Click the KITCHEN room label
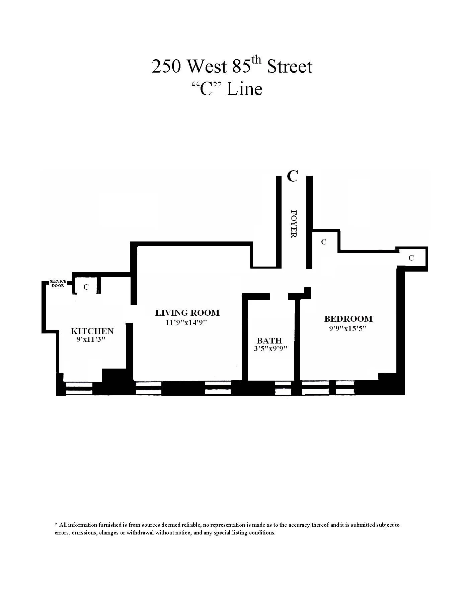click(92, 331)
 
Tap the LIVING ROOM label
click(187, 313)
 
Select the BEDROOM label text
click(348, 319)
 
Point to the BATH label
click(269, 341)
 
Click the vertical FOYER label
click(294, 224)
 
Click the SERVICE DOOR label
click(58, 284)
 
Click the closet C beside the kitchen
click(86, 287)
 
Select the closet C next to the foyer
click(324, 242)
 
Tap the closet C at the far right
click(411, 258)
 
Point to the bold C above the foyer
click(292, 176)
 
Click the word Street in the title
click(289, 66)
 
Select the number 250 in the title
click(166, 66)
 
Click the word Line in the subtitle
click(244, 89)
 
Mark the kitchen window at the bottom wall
click(79, 388)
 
